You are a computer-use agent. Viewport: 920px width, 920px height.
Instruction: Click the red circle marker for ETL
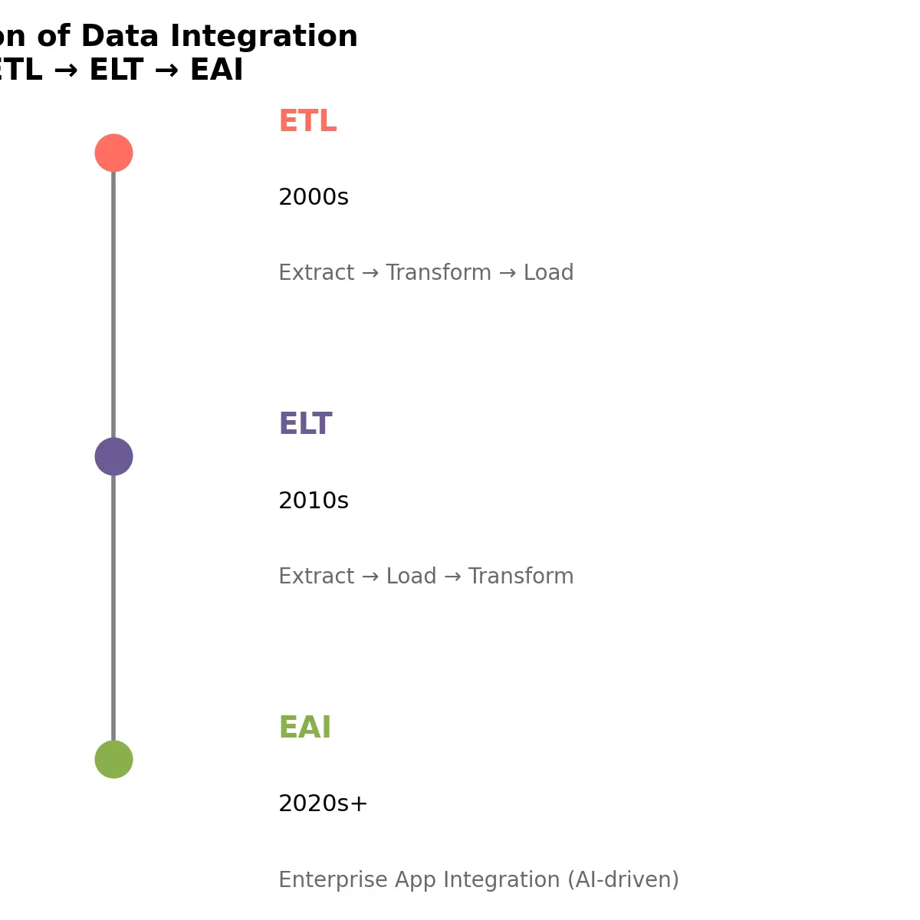pos(113,153)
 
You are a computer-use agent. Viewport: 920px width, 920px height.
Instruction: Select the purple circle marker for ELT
pos(113,456)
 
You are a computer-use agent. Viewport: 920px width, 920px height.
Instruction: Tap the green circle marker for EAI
pos(113,759)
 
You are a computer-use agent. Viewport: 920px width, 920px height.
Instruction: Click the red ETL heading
pos(307,122)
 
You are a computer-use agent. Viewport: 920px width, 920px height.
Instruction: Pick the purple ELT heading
pos(305,425)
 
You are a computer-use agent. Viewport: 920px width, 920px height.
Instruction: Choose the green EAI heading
pos(304,728)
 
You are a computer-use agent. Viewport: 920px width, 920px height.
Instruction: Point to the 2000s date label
pos(313,198)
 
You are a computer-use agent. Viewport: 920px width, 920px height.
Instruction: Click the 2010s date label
pos(313,501)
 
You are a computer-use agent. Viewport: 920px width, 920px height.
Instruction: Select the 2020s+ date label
pos(323,804)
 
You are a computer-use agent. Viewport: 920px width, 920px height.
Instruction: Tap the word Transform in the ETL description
pos(438,273)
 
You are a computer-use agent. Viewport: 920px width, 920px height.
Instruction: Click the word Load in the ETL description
pos(548,273)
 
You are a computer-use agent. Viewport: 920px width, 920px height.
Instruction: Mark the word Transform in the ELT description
pos(521,577)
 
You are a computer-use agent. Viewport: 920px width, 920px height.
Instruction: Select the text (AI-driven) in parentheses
pos(623,880)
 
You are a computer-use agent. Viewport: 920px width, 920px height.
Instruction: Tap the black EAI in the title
pos(216,71)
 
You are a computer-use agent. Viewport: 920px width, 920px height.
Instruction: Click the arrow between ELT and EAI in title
pos(166,71)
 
